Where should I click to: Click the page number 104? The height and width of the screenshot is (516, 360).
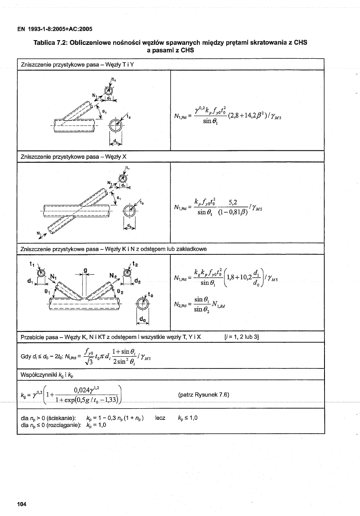tap(22, 503)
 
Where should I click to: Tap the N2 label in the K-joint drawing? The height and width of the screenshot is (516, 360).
tap(112, 275)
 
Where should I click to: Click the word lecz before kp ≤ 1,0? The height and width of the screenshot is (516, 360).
tap(160, 418)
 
